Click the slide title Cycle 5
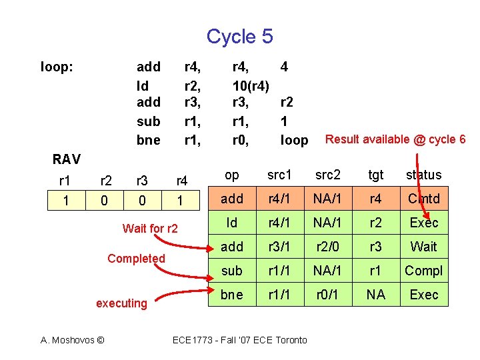(x=239, y=36)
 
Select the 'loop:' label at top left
(x=57, y=67)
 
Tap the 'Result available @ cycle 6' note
(x=395, y=139)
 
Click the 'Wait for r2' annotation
(x=150, y=229)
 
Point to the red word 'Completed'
(x=136, y=259)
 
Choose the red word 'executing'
(x=121, y=303)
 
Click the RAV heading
(x=67, y=159)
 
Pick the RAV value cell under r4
(x=180, y=199)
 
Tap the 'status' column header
(x=424, y=175)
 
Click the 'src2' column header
(x=328, y=175)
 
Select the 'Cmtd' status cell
(x=424, y=199)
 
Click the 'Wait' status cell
(x=424, y=247)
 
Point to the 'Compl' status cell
(x=424, y=271)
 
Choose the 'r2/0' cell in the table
(x=328, y=247)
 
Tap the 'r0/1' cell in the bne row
(x=328, y=295)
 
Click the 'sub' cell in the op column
(x=232, y=271)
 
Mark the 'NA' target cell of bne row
(x=376, y=295)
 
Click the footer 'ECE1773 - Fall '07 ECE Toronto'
(x=240, y=340)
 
